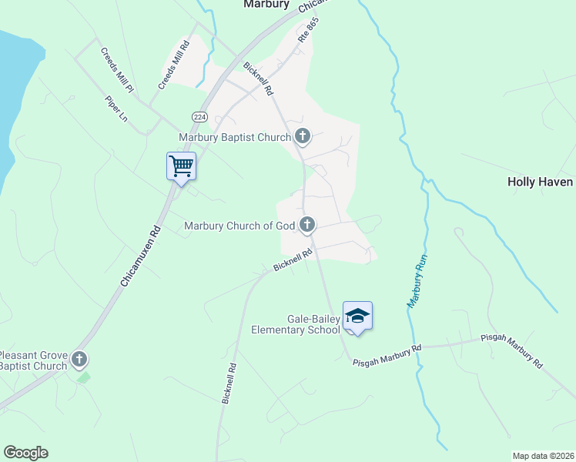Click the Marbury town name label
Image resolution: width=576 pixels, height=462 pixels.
click(x=266, y=4)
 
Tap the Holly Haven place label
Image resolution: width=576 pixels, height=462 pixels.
click(x=540, y=182)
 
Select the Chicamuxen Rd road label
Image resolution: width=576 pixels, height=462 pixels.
click(x=139, y=257)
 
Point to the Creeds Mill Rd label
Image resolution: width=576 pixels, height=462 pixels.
click(x=173, y=64)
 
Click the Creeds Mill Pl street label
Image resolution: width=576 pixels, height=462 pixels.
click(x=117, y=71)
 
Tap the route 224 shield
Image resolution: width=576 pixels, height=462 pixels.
click(x=199, y=116)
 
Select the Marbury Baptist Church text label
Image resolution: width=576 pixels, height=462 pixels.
click(x=235, y=138)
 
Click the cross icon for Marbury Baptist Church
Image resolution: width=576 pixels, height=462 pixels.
click(x=303, y=138)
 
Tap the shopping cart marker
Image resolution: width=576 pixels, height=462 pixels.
click(x=181, y=166)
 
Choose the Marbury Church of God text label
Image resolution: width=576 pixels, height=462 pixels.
click(x=240, y=226)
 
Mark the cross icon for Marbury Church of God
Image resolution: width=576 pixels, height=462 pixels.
click(x=307, y=225)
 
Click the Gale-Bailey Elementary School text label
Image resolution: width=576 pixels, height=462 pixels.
click(x=295, y=324)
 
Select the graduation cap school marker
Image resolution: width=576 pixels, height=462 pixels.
click(x=357, y=316)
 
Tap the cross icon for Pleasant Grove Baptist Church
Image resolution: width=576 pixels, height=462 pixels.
click(x=79, y=360)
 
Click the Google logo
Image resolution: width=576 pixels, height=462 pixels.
click(x=25, y=453)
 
